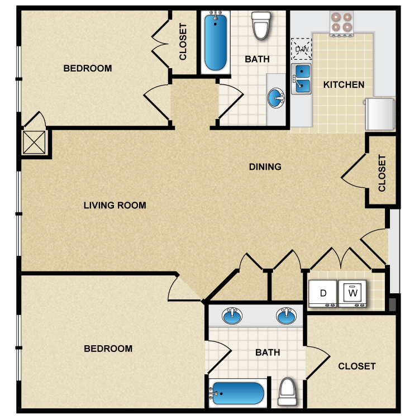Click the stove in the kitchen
click(341, 23)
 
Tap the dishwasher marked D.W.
click(302, 49)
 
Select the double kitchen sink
click(302, 79)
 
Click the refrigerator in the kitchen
click(380, 114)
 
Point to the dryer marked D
click(322, 294)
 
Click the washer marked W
click(353, 294)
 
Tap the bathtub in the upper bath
click(216, 42)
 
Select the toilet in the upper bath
click(261, 26)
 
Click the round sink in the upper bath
click(276, 98)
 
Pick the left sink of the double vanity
click(232, 316)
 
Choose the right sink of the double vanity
click(286, 316)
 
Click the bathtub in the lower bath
click(238, 393)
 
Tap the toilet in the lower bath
click(287, 392)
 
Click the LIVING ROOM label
click(115, 205)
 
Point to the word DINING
click(265, 166)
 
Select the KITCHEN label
click(344, 85)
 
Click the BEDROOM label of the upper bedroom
click(88, 68)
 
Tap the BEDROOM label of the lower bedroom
click(108, 349)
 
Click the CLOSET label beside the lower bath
click(357, 366)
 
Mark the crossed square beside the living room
click(34, 142)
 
